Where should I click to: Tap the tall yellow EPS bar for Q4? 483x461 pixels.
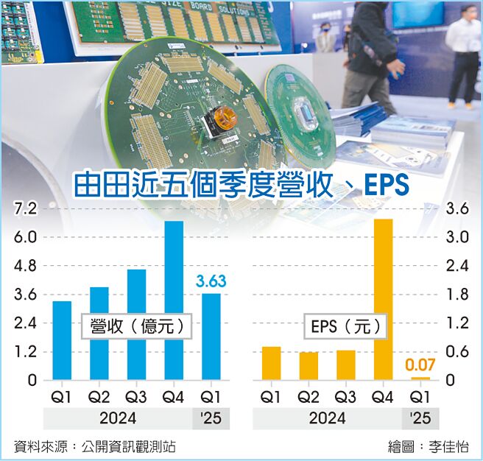[x=383, y=298]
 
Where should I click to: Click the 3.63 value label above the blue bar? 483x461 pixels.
[x=211, y=281]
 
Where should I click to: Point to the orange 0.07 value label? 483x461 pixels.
[x=420, y=365]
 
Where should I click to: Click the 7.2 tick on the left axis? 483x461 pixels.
[x=26, y=209]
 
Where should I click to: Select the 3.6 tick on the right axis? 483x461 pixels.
[x=457, y=209]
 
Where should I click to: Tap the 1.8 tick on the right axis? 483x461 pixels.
[x=457, y=295]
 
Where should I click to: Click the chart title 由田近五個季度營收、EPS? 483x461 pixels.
[x=241, y=185]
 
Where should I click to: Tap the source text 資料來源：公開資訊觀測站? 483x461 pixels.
[x=95, y=446]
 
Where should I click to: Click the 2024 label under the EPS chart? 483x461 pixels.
[x=328, y=418]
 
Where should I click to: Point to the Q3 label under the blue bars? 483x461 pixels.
[x=136, y=397]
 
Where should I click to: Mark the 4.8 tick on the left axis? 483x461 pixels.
[x=26, y=266]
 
